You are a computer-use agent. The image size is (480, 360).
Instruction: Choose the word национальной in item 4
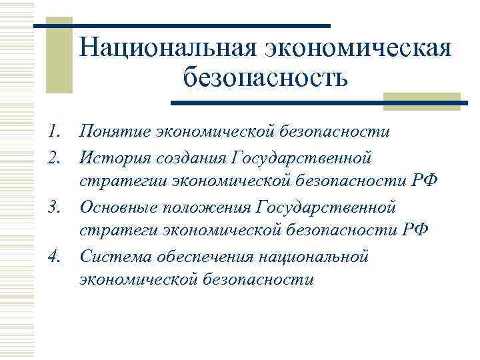click(319, 255)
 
